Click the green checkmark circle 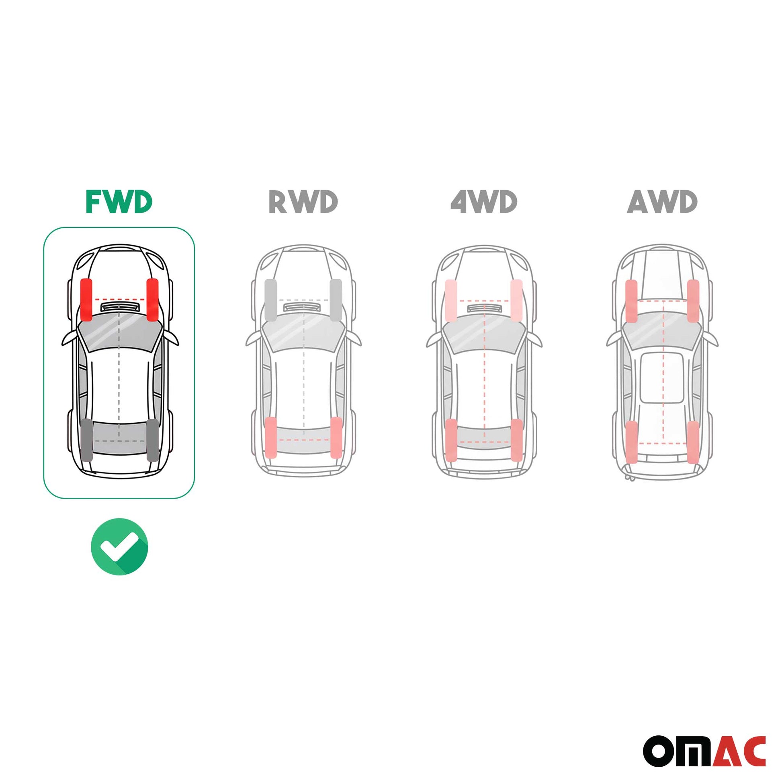pos(119,547)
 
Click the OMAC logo pos(704,751)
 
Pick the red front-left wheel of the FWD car pos(86,299)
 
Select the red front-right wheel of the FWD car pos(152,299)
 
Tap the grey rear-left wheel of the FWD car pos(87,440)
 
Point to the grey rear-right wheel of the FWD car pos(152,440)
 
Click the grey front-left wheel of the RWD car pos(270,300)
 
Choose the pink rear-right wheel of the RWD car pos(336,438)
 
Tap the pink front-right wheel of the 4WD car pos(516,300)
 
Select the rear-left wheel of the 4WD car pos(451,440)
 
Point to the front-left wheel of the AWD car pos(631,301)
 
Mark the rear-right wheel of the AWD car pos(693,442)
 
